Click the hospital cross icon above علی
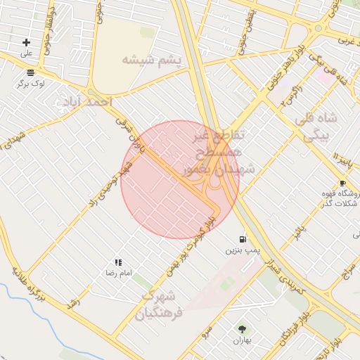pos(26,43)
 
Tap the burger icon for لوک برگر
pos(30,72)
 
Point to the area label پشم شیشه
pos(152,60)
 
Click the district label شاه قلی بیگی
pos(321,126)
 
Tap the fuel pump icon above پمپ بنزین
pos(243,239)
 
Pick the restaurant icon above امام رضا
pos(118,262)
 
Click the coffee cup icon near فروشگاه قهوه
pos(342,183)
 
